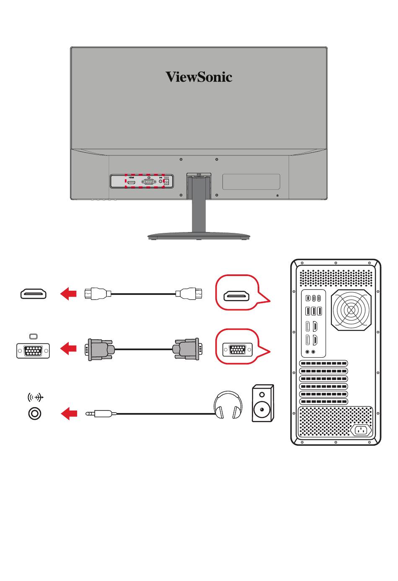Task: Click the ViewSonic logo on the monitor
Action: click(x=199, y=77)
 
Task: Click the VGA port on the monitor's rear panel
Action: click(x=149, y=182)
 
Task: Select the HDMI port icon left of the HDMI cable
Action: click(x=34, y=294)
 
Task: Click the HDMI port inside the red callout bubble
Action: click(x=237, y=296)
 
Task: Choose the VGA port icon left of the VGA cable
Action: click(x=33, y=350)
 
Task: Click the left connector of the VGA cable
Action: click(x=100, y=349)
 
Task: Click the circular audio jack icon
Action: click(x=35, y=414)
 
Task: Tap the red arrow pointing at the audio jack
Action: click(x=69, y=414)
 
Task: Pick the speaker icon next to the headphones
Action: click(x=263, y=403)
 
